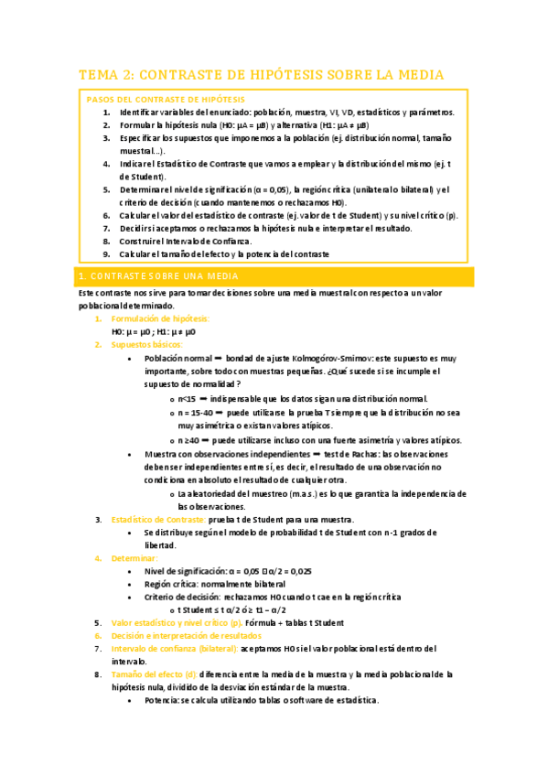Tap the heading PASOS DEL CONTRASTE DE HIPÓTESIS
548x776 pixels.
[166, 99]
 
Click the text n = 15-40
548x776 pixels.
[199, 413]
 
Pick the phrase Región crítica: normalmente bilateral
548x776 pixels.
[215, 584]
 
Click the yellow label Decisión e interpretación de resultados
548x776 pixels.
[186, 635]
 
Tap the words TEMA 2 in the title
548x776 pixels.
[105, 74]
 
